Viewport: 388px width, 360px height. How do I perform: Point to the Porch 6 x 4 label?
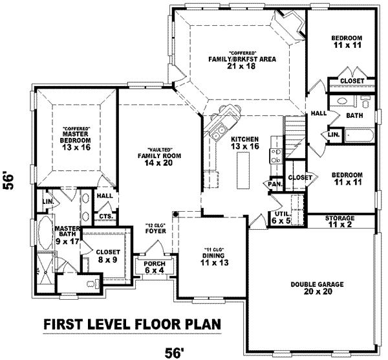(x=155, y=267)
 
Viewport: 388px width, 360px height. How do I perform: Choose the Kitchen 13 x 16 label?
(x=245, y=143)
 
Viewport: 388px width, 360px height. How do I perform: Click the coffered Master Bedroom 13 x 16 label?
(x=76, y=138)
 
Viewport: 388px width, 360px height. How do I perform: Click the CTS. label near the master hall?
(x=105, y=216)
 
